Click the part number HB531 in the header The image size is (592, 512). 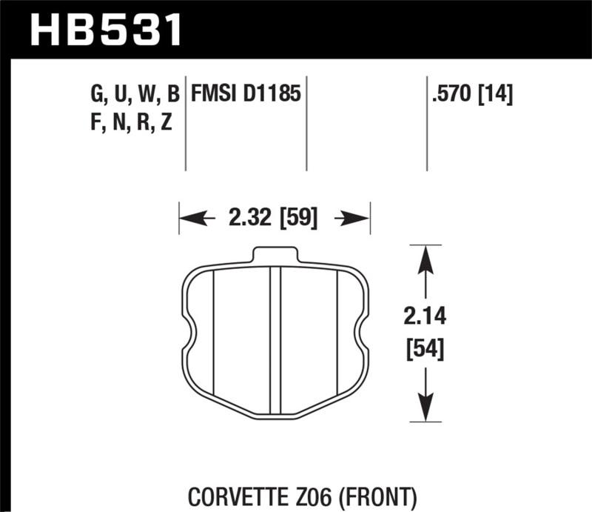104,28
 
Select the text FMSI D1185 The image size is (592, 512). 245,94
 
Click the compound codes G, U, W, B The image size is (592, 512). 135,95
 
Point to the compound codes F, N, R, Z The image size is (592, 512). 132,123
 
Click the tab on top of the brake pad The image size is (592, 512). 275,255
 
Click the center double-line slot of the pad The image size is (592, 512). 275,341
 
